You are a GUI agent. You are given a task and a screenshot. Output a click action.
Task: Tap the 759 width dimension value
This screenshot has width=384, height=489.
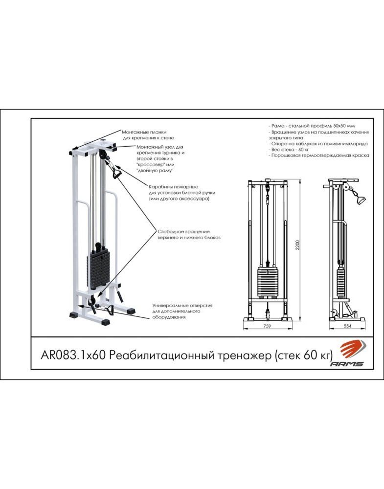[x=267, y=326]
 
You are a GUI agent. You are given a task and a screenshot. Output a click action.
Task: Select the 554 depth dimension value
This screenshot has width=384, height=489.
[x=347, y=326]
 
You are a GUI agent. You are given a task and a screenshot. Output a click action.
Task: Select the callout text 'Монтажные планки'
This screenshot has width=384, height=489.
[x=144, y=132]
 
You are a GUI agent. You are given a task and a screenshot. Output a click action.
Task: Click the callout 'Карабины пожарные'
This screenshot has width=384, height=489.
[x=173, y=187]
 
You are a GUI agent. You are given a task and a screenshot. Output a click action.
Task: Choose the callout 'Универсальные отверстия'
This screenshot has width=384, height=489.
[x=182, y=306]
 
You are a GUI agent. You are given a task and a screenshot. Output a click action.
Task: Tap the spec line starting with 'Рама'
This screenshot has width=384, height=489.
[x=312, y=126]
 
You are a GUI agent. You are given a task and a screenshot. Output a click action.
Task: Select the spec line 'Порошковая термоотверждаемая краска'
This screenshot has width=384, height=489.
[x=319, y=156]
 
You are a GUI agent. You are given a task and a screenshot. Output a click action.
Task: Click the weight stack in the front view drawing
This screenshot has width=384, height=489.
[x=268, y=282]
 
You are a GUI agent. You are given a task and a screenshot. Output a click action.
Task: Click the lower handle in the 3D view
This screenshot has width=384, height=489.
[x=110, y=310]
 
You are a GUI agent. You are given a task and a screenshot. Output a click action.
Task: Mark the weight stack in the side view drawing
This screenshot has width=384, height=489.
[x=340, y=282]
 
